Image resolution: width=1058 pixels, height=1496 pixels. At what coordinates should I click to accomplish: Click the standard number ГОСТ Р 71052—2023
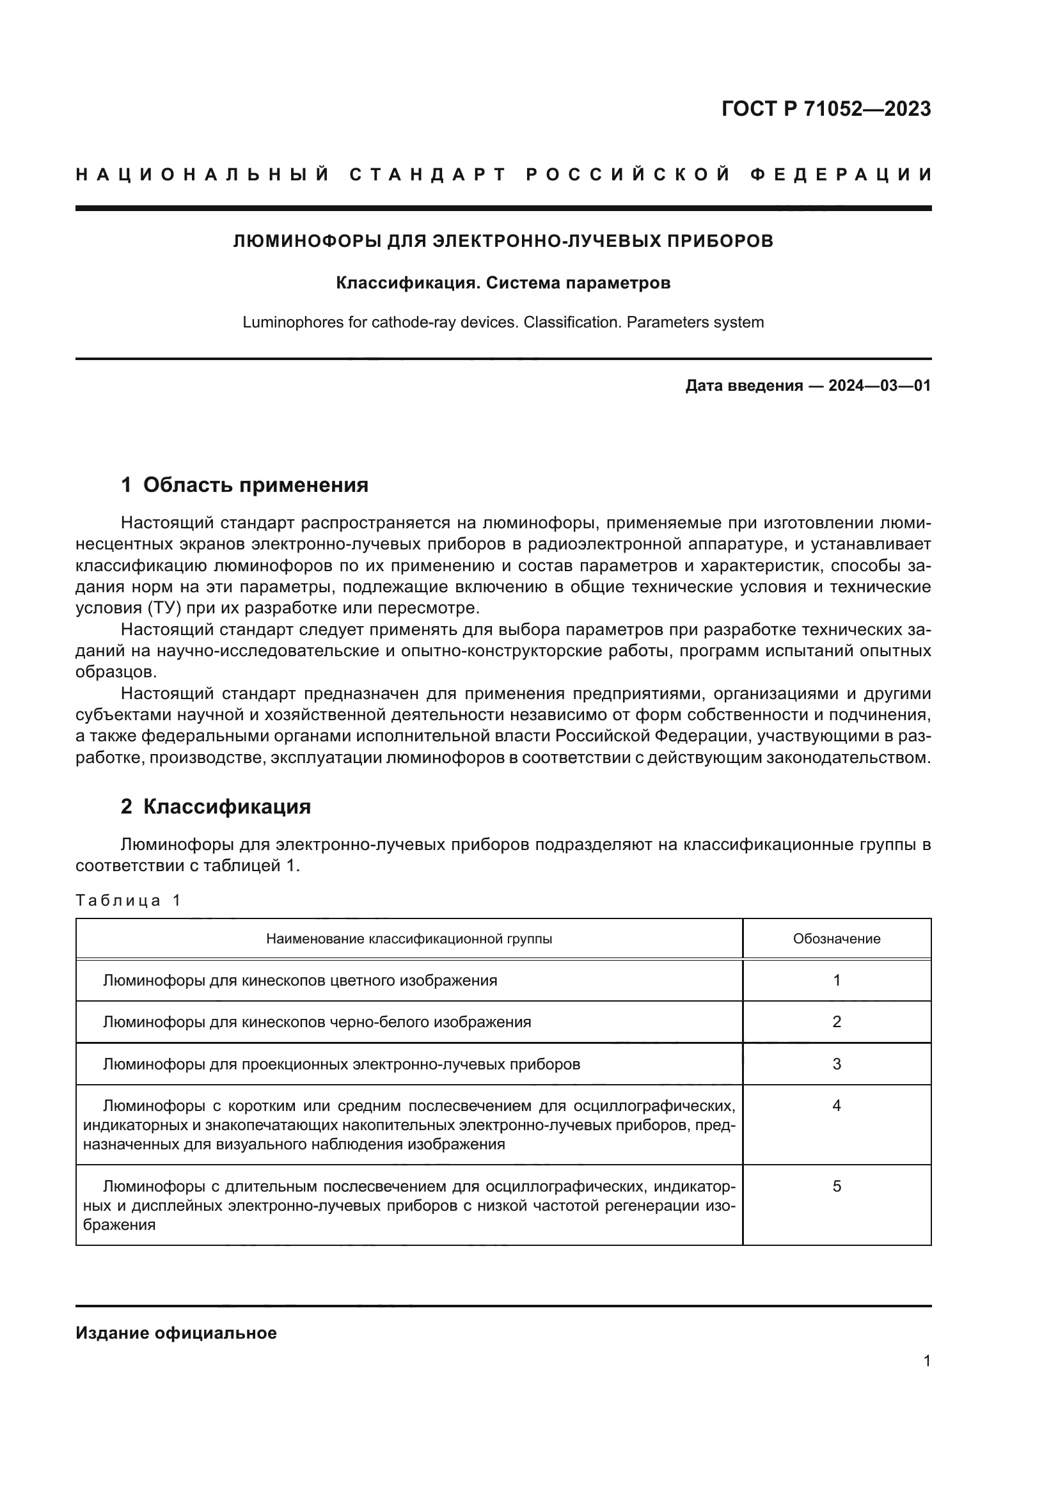click(x=825, y=109)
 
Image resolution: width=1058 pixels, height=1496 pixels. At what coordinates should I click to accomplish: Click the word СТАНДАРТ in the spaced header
click(x=428, y=175)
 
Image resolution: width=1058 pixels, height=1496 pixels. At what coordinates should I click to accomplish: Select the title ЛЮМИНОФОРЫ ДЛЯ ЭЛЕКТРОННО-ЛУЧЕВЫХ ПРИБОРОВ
click(x=503, y=241)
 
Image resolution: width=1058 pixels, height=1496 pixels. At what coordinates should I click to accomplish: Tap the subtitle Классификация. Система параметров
click(x=503, y=283)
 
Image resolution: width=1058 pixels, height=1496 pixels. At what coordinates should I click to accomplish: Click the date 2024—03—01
click(x=879, y=386)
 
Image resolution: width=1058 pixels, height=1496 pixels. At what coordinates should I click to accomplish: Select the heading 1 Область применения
click(x=245, y=485)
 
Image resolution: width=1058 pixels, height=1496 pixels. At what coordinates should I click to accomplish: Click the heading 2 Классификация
click(x=216, y=807)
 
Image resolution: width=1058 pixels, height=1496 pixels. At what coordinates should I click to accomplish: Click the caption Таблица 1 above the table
click(x=128, y=901)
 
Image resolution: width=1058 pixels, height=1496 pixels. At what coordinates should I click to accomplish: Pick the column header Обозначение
click(x=837, y=939)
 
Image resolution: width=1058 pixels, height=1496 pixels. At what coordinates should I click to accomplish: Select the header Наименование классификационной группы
click(x=409, y=939)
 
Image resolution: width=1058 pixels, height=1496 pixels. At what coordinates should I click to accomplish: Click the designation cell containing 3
click(x=837, y=1064)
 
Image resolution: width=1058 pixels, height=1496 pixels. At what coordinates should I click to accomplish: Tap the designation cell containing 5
click(x=837, y=1186)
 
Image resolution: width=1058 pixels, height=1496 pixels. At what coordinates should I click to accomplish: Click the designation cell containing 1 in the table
click(x=837, y=980)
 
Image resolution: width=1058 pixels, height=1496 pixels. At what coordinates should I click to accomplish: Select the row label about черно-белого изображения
click(x=317, y=1022)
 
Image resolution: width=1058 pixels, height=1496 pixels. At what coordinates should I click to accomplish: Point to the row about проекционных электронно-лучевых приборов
click(x=342, y=1064)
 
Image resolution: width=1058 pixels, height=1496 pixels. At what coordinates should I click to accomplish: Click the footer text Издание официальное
click(x=176, y=1333)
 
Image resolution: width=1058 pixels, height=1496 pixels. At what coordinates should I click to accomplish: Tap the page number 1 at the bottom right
click(x=926, y=1361)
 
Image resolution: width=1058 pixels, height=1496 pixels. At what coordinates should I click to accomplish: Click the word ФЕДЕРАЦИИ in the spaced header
click(x=841, y=175)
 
